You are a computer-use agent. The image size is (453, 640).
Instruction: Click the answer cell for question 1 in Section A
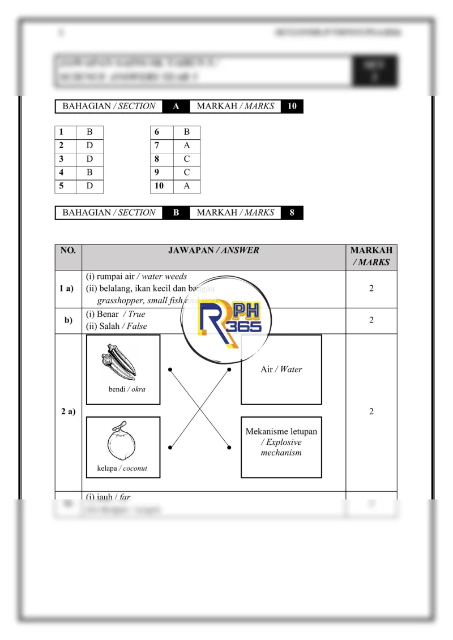pos(89,132)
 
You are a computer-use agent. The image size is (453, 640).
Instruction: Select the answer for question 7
pos(187,145)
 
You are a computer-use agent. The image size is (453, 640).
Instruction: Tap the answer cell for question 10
pos(187,186)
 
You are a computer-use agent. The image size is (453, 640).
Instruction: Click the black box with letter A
pos(176,106)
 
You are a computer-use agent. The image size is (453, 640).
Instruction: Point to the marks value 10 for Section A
pos(292,106)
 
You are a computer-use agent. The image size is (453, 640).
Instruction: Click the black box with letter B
pos(176,213)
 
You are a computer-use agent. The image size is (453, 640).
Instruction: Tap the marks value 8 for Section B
pos(292,213)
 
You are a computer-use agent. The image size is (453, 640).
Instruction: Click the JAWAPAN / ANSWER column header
pos(213,250)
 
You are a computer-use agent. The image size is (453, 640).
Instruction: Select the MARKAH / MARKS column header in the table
pos(371,256)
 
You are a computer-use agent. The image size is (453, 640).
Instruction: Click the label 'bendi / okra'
pos(127,389)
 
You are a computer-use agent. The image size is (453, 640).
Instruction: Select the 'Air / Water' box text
pos(281,370)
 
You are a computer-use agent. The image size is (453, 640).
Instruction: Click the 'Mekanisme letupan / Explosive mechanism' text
pos(281,442)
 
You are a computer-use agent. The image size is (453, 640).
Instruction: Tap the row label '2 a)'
pos(68,412)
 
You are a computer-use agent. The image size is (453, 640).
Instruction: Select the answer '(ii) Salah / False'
pos(117,326)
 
